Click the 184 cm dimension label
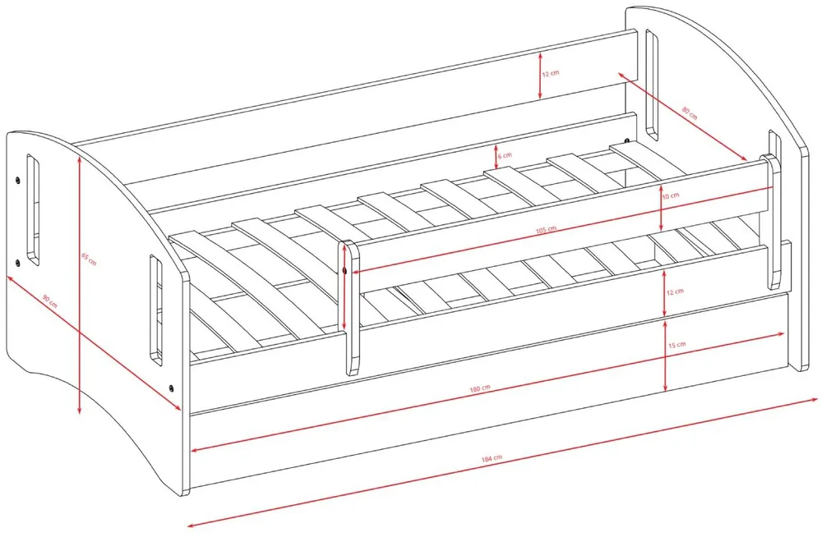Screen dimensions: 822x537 click(x=492, y=458)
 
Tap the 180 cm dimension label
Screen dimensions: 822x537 click(x=480, y=388)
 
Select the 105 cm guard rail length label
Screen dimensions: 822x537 click(x=546, y=229)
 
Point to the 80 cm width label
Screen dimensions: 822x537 click(x=690, y=112)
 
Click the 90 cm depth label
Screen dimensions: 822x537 click(x=50, y=301)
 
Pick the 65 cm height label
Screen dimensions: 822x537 click(x=89, y=259)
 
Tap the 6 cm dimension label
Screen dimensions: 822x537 click(x=505, y=156)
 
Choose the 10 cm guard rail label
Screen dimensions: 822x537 click(x=671, y=195)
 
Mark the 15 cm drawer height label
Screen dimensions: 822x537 click(x=677, y=345)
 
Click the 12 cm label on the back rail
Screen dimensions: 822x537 click(x=551, y=73)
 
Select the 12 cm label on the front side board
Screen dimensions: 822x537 click(x=675, y=291)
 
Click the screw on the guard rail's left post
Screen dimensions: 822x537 click(x=344, y=270)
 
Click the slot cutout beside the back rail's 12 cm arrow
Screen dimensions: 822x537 click(x=652, y=85)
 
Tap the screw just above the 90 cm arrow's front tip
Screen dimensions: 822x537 click(x=171, y=388)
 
